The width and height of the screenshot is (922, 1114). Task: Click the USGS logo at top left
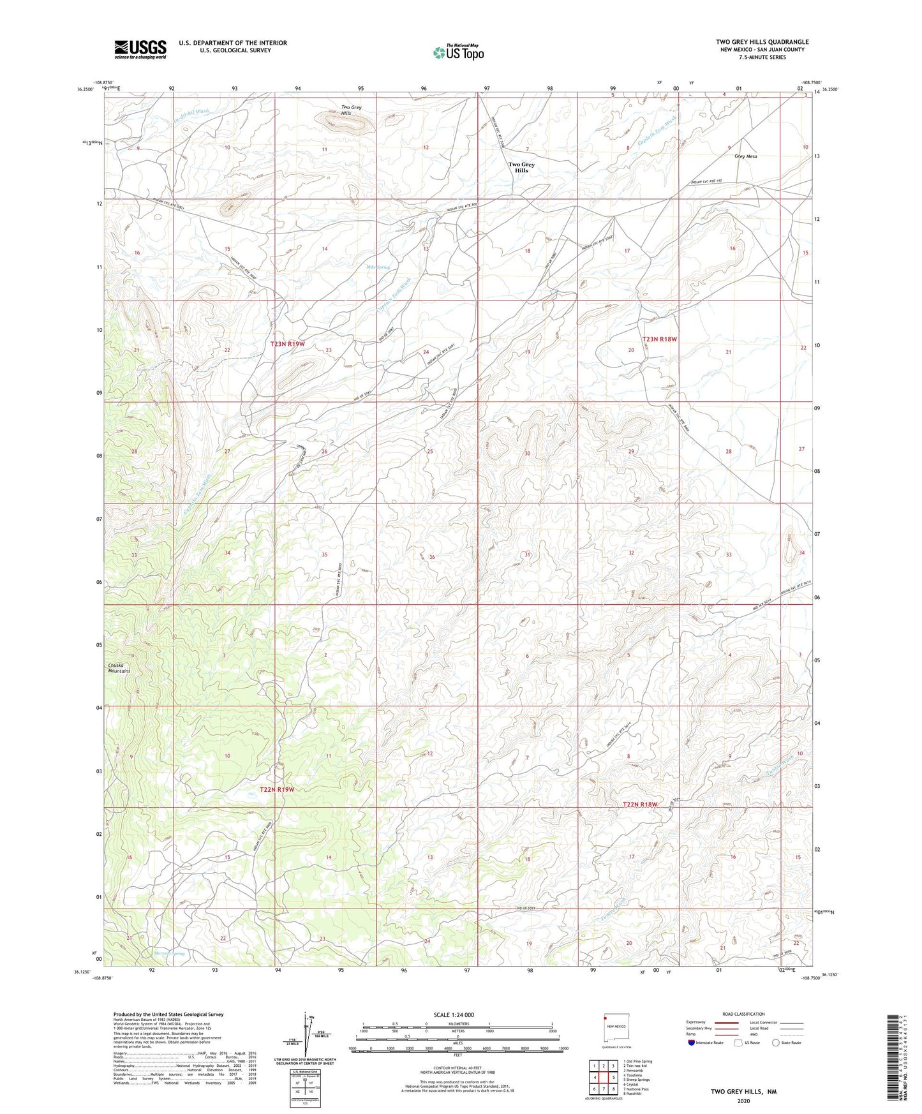click(140, 48)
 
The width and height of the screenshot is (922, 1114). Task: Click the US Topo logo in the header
click(458, 52)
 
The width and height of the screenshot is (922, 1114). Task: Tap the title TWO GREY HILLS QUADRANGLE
click(762, 42)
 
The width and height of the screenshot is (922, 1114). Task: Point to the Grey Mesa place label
click(745, 156)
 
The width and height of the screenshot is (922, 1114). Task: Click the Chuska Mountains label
click(119, 668)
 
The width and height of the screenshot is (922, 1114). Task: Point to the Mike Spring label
click(378, 267)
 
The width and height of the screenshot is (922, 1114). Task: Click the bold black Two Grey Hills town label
click(521, 167)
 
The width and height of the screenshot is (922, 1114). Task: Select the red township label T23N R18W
click(659, 339)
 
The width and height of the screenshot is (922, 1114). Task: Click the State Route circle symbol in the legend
click(775, 1043)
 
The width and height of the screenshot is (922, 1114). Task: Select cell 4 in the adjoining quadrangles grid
click(595, 1077)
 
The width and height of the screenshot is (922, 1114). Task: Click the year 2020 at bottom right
click(743, 1101)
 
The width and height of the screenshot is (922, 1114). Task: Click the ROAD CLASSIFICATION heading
click(743, 1014)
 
